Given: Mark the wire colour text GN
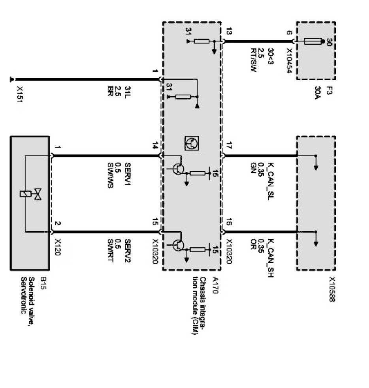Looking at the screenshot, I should click(x=253, y=166).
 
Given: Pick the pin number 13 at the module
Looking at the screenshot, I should click(x=230, y=32).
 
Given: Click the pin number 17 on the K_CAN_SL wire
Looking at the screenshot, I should click(x=230, y=145).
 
